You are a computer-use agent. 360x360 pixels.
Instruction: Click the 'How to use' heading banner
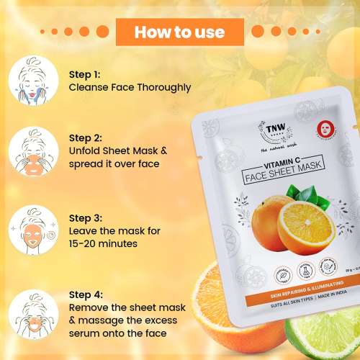tap(180, 32)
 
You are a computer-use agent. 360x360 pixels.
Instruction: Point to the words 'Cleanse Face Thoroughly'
tap(130, 87)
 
